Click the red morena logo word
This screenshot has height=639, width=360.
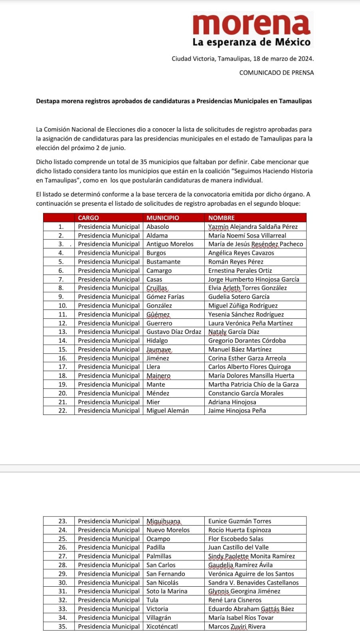(x=251, y=24)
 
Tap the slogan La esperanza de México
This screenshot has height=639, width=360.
(x=251, y=42)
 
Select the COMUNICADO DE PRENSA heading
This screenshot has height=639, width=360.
(x=276, y=73)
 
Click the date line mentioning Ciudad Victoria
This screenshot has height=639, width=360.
(x=242, y=59)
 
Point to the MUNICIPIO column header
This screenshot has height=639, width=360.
(x=163, y=218)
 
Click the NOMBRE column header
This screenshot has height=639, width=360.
(x=222, y=218)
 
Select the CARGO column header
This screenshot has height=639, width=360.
(x=88, y=218)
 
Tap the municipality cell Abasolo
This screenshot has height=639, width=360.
(x=158, y=226)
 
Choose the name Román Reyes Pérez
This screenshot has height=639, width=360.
(x=236, y=262)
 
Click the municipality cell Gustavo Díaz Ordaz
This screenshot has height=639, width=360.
(x=174, y=332)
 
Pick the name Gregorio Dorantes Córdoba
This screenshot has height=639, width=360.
(x=247, y=341)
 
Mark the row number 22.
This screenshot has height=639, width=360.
(x=63, y=411)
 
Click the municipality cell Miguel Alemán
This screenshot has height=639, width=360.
(x=168, y=411)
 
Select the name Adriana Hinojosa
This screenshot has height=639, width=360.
(x=232, y=402)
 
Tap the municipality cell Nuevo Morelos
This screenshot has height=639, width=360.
(x=168, y=530)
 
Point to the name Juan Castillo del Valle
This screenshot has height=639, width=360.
(x=238, y=548)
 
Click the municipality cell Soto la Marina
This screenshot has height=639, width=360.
(x=167, y=591)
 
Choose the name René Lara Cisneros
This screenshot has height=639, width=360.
(x=235, y=600)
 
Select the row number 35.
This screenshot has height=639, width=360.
(x=63, y=626)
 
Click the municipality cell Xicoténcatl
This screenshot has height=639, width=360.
(x=162, y=626)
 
